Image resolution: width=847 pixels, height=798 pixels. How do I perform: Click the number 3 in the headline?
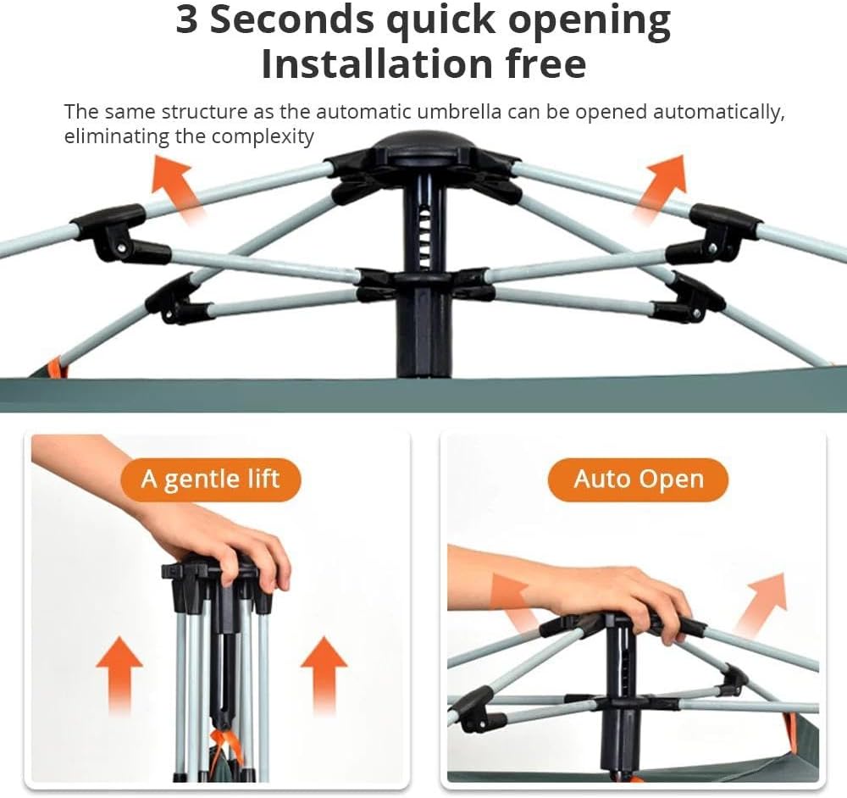click(186, 21)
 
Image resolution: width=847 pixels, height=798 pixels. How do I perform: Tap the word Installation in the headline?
click(378, 64)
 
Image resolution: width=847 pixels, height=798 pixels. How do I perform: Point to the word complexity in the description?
click(262, 136)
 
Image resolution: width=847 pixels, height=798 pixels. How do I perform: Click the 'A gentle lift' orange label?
click(210, 479)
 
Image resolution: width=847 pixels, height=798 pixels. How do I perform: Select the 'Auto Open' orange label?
click(638, 479)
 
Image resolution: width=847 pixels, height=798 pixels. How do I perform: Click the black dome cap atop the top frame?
click(423, 145)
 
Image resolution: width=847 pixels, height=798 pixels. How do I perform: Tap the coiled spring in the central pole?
click(424, 238)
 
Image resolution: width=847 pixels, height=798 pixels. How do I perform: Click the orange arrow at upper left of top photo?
click(177, 186)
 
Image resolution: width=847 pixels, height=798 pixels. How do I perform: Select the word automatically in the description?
click(719, 113)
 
